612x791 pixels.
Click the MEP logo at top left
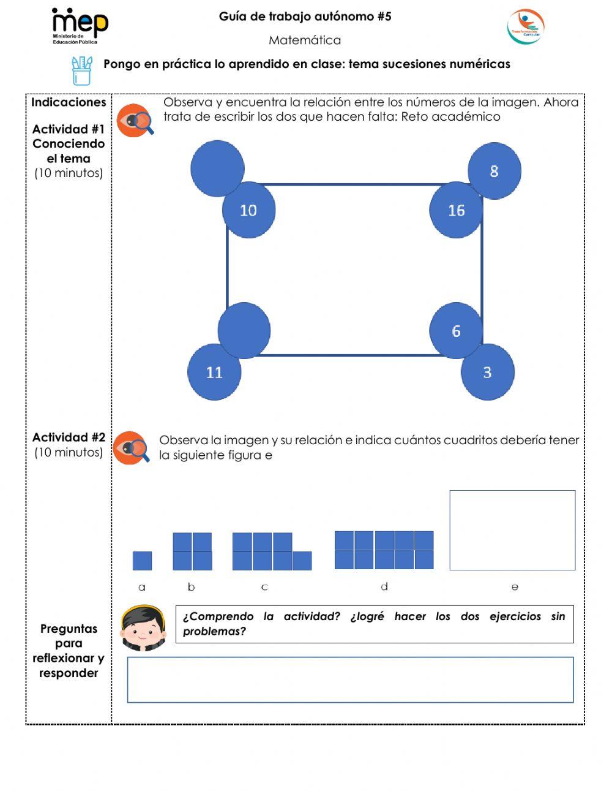coord(80,26)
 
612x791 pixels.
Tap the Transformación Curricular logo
coord(525,27)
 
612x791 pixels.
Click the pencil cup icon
coord(82,71)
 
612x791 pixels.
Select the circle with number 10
coord(248,210)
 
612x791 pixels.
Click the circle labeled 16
coord(456,210)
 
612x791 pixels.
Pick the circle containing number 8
coord(494,171)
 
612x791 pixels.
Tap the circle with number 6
coord(456,331)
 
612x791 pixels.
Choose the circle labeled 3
coord(487,372)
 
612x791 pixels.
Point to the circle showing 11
coord(214,372)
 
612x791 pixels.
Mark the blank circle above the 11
coord(244,330)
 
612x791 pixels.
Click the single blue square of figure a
coord(142,561)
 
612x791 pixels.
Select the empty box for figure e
coord(512,530)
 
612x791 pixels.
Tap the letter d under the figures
coord(384,587)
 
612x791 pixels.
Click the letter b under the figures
coord(191,587)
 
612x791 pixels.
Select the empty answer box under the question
coord(350,680)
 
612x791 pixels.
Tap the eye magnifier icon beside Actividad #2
coord(132,448)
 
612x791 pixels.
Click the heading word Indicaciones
coord(69,102)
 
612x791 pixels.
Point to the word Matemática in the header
coord(305,40)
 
